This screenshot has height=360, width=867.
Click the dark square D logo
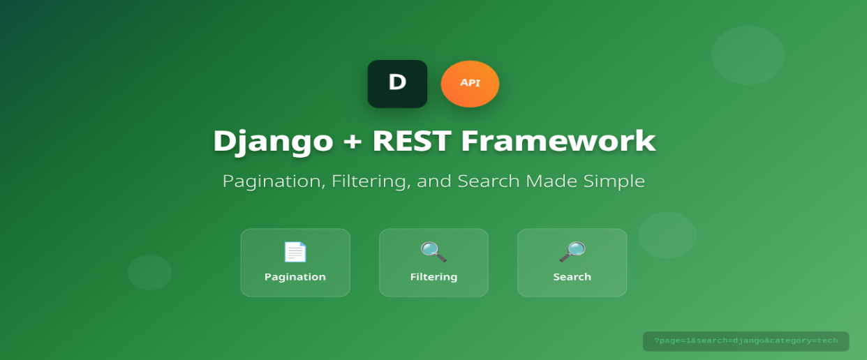click(x=397, y=84)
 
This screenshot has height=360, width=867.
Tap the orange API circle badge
click(x=470, y=84)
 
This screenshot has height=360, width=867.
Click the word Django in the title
click(x=273, y=141)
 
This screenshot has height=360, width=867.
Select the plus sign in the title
click(x=353, y=142)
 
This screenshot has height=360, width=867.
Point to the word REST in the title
click(x=412, y=141)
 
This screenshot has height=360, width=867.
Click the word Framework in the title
click(x=558, y=141)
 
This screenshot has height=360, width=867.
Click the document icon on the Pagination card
click(x=295, y=252)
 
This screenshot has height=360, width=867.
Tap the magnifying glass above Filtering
click(x=433, y=252)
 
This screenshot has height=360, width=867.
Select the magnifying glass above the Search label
click(x=572, y=252)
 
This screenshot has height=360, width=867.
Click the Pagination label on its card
click(x=295, y=277)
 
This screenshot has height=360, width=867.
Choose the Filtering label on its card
click(x=433, y=277)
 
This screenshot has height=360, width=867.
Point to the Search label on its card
click(x=572, y=277)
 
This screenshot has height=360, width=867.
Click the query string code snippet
click(x=746, y=341)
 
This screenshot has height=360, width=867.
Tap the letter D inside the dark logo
click(x=397, y=82)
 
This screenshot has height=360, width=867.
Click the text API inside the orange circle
click(x=470, y=82)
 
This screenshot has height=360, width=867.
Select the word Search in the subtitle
click(x=488, y=181)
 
